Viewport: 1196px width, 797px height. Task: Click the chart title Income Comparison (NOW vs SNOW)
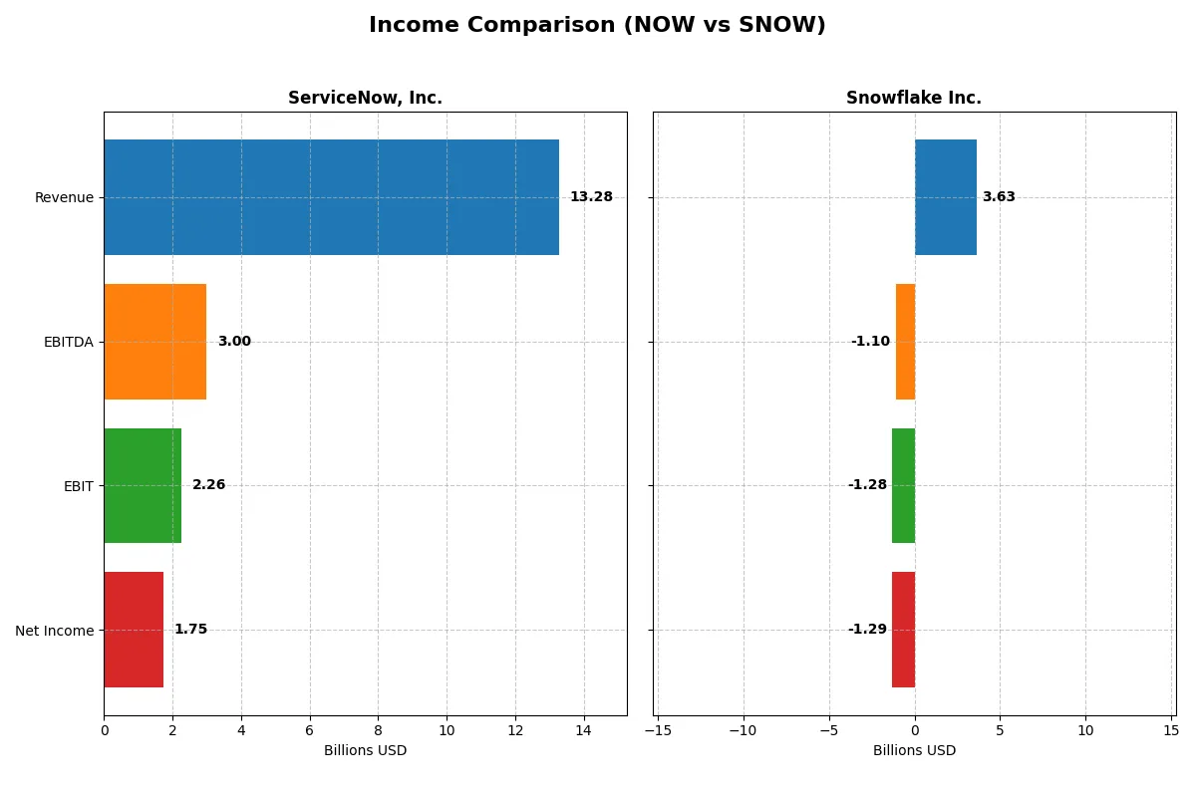[597, 26]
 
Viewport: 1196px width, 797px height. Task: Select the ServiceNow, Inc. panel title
[365, 98]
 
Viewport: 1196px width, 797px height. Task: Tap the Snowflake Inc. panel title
[913, 98]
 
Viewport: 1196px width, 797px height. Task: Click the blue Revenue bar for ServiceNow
[331, 197]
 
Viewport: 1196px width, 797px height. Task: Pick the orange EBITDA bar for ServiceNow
[154, 342]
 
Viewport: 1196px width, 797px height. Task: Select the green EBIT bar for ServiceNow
[143, 485]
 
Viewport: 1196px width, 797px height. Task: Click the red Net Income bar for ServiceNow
[134, 630]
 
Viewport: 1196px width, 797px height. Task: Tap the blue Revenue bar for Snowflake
[946, 197]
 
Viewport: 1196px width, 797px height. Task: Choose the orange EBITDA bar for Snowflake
[905, 342]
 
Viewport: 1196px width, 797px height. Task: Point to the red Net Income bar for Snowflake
[903, 630]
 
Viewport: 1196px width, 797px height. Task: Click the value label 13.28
[591, 197]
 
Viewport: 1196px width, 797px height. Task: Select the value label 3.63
[999, 197]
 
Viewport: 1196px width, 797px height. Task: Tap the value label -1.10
[870, 342]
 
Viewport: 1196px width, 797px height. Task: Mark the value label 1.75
[190, 630]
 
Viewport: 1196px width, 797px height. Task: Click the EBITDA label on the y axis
[68, 342]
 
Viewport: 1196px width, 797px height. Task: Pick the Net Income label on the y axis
[55, 631]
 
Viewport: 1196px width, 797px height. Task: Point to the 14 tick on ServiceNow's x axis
[583, 730]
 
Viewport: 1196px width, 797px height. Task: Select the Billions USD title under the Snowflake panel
[914, 751]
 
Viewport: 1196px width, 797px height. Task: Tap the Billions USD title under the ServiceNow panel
[365, 751]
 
